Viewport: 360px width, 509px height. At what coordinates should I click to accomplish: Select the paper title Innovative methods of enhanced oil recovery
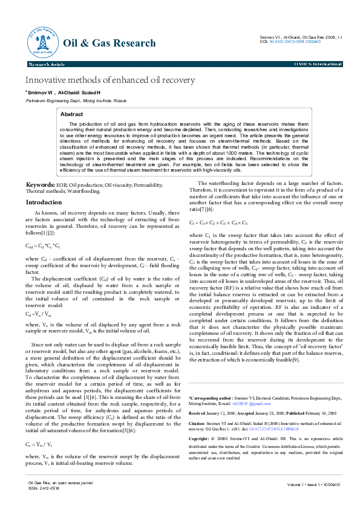tap(110, 80)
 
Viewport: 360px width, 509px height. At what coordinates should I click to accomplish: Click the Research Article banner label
tap(46, 63)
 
